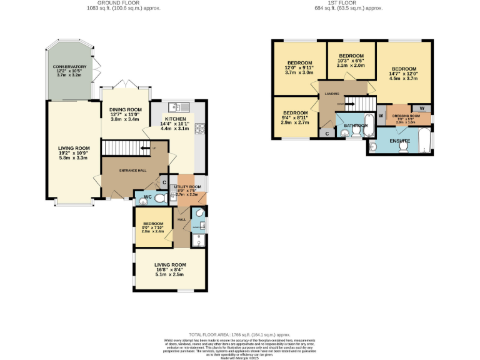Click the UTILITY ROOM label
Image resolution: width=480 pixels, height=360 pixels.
click(187, 187)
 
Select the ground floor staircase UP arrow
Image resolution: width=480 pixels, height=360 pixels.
click(152, 148)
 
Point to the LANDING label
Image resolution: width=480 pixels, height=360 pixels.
click(331, 94)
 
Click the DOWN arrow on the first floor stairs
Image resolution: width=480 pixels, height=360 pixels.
click(341, 104)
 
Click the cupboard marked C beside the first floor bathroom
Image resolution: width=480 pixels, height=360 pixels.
click(327, 133)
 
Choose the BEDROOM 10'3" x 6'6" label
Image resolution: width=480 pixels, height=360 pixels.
click(351, 56)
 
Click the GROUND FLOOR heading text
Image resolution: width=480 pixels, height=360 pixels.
click(106, 3)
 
